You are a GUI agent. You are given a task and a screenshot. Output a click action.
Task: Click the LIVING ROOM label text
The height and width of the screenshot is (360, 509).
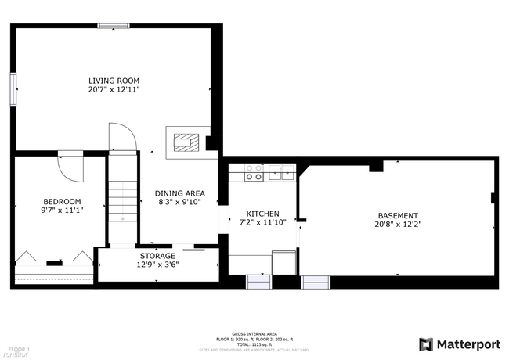[x=114, y=81]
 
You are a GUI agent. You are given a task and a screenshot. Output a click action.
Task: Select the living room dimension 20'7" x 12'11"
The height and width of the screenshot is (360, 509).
[x=114, y=90]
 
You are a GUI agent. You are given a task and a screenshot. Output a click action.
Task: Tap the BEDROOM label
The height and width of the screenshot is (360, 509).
[x=62, y=201]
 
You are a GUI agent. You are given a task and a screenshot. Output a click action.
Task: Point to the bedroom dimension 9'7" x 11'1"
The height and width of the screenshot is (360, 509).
[x=62, y=210]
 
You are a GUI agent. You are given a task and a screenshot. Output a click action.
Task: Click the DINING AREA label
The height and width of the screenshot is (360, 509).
[x=179, y=193]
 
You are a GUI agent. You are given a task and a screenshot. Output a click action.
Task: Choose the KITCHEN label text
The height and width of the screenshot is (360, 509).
[x=262, y=214]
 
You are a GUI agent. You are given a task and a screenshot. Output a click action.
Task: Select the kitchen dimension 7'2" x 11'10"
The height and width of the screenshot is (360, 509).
[x=262, y=222]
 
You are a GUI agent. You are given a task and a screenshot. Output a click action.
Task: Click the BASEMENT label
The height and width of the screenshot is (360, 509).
[x=397, y=216]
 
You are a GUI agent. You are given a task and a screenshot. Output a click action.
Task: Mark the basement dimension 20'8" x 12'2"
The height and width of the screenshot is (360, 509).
[x=397, y=225]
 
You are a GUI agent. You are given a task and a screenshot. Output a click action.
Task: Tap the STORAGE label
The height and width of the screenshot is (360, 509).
[x=157, y=256]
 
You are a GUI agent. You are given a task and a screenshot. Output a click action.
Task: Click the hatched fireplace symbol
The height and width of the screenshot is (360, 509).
[x=186, y=142]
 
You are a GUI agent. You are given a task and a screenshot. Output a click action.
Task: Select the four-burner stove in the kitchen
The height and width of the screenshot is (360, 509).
[x=254, y=172]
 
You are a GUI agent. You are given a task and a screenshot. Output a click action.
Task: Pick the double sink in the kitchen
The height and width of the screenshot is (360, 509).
[x=281, y=172]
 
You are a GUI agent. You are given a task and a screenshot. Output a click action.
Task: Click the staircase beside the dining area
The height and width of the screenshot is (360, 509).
[x=122, y=200]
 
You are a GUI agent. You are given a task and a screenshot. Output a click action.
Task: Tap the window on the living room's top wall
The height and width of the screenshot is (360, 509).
[x=114, y=26]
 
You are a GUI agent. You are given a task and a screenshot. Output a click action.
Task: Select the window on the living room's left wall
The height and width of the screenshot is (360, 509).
[x=13, y=89]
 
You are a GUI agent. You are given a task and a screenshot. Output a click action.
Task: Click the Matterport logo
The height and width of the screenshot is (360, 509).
[x=460, y=344]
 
